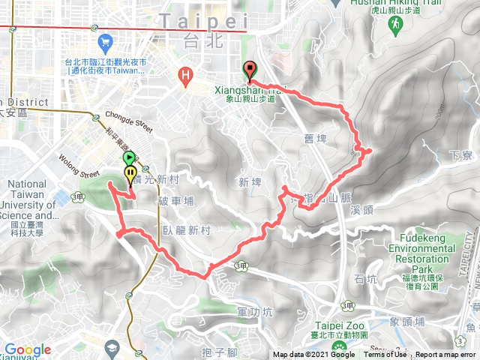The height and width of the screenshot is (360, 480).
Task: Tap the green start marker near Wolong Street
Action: pos(129,158)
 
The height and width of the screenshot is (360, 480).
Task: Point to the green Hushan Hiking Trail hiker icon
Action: pos(394,25)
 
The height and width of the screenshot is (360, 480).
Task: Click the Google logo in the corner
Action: pos(27,349)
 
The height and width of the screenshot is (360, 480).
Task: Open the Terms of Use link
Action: pos(386,355)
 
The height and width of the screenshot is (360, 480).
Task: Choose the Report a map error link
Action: pos(447,355)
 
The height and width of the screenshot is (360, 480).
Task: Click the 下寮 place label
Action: pos(458,155)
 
